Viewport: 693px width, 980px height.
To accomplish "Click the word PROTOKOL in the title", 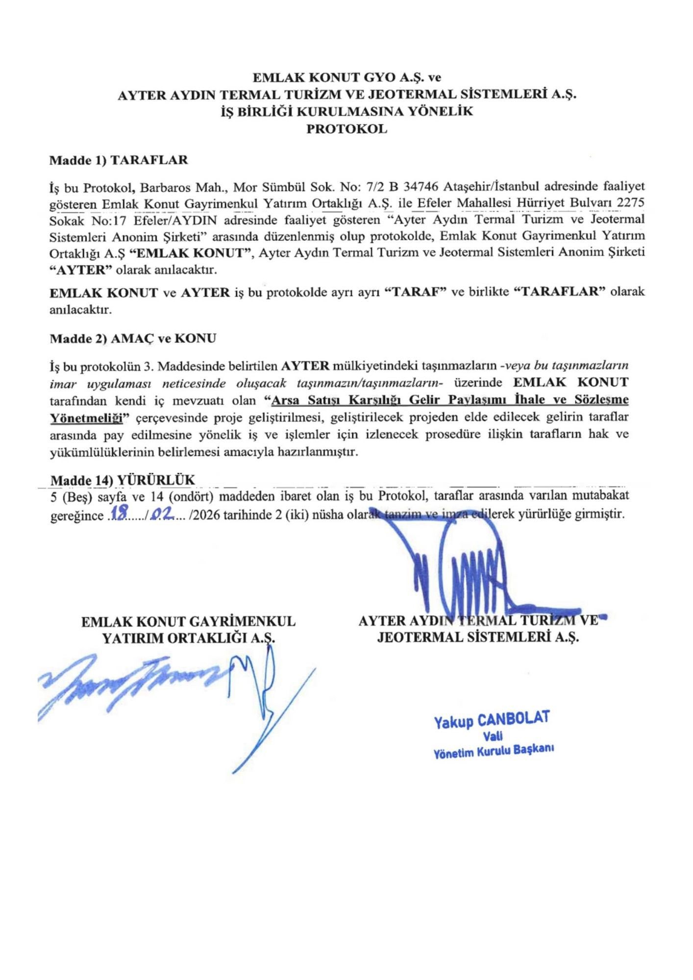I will (346, 129).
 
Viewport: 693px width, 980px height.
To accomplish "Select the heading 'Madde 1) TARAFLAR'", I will (119, 160).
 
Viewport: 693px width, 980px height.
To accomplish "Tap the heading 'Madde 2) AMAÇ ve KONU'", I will (133, 339).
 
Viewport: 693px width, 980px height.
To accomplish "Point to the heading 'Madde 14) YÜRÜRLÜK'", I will (123, 480).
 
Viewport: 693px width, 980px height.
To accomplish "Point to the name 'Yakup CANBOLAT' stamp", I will (491, 719).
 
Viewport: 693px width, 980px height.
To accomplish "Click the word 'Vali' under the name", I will (492, 735).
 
